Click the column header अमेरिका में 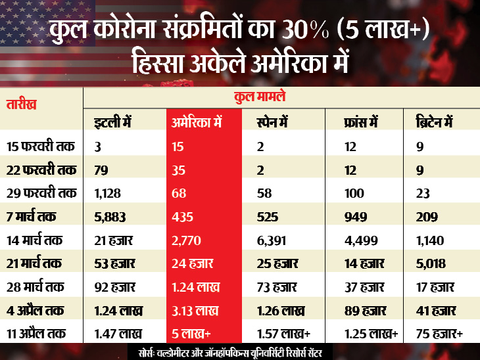click(x=198, y=122)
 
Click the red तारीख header click(x=22, y=104)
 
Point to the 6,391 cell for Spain click(x=271, y=241)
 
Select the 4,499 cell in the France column click(x=358, y=241)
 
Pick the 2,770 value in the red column click(x=187, y=241)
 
